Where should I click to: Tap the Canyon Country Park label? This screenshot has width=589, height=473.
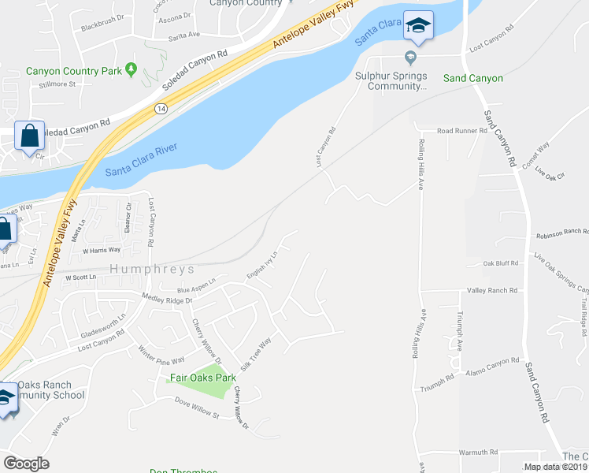tap(75, 71)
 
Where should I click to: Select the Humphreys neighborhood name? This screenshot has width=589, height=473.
tap(152, 269)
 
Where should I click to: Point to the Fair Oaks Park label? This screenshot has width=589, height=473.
tap(203, 378)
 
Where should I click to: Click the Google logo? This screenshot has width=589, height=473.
tap(26, 464)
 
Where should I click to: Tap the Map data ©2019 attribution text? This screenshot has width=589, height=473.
tap(555, 467)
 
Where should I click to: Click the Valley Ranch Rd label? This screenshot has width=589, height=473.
tap(492, 290)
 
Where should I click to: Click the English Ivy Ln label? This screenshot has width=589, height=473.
tap(263, 265)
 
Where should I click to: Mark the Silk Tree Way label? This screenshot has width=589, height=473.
tap(256, 355)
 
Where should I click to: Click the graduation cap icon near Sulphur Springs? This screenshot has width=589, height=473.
tap(418, 26)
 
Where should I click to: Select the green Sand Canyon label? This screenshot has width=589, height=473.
tap(472, 78)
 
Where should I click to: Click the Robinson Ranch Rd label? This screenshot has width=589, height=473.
tap(562, 233)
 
